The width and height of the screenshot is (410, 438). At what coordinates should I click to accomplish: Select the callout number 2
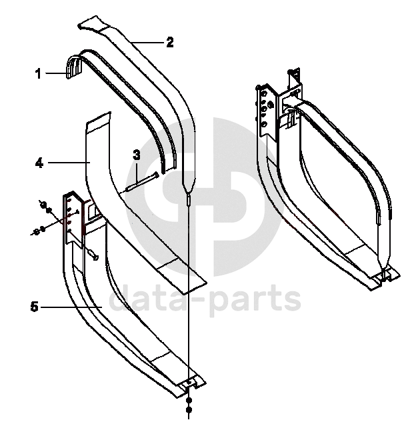[x=169, y=42]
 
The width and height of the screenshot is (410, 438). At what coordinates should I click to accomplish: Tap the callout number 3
[x=136, y=155]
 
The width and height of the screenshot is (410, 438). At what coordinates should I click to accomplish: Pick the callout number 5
[x=34, y=307]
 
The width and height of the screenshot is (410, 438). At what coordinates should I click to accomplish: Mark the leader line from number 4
[x=67, y=162]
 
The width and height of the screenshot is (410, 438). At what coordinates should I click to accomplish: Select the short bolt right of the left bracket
[x=92, y=254]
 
